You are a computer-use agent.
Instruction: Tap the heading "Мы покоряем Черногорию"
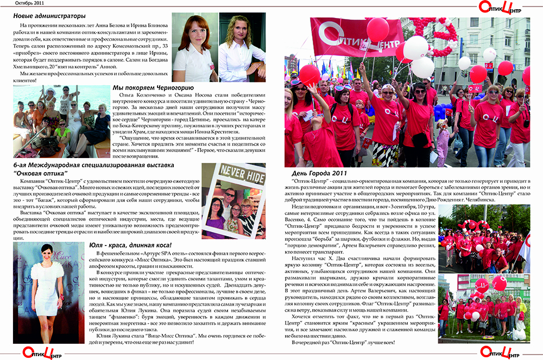(153, 87)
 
